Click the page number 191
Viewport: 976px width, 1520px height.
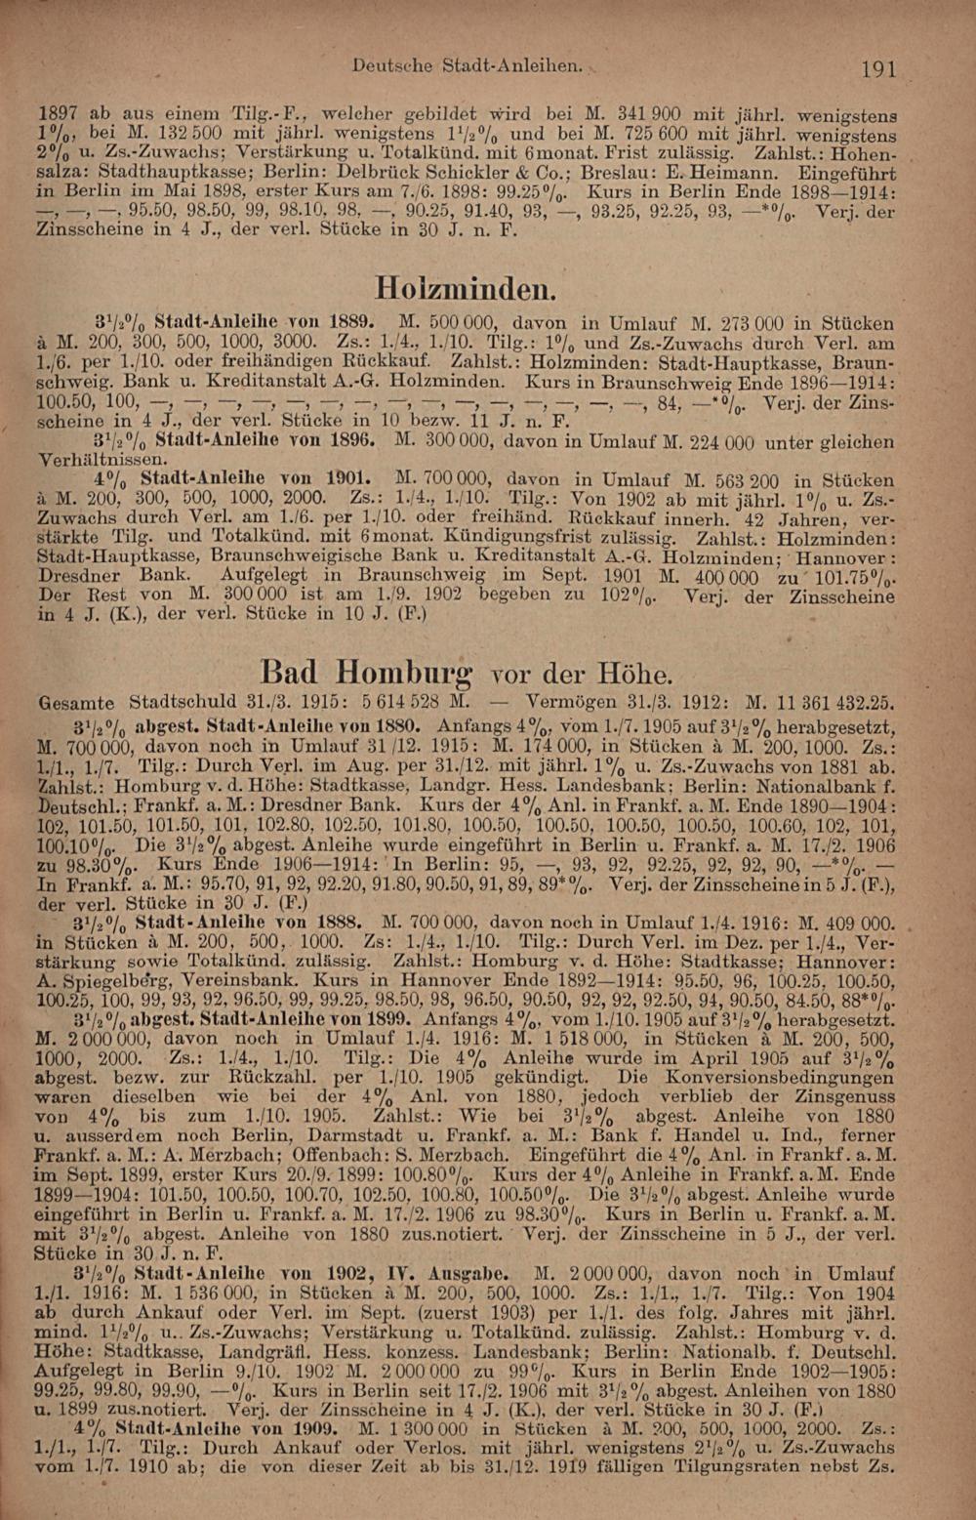[x=879, y=68]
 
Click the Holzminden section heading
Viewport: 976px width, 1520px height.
[x=467, y=289]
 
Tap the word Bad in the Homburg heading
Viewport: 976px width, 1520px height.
[x=290, y=673]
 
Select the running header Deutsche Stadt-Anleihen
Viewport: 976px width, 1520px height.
[x=467, y=66]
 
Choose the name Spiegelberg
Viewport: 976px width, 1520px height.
[x=110, y=980]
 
